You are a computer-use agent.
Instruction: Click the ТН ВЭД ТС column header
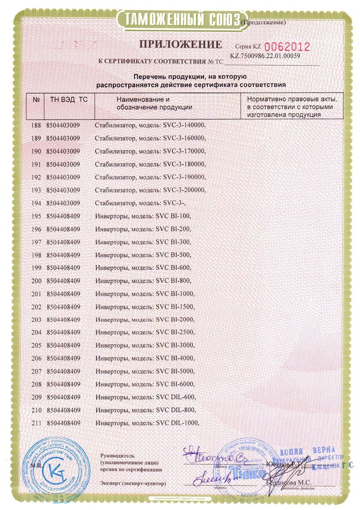(66, 100)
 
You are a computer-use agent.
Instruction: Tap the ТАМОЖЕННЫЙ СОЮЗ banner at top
(180, 19)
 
